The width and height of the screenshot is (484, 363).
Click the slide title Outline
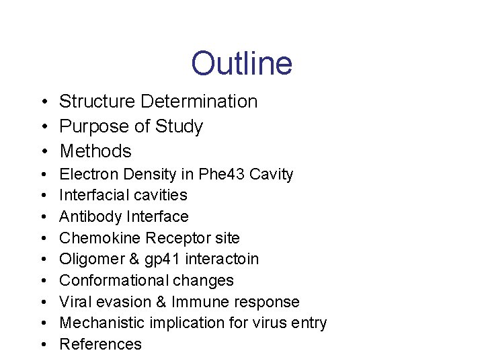(x=241, y=63)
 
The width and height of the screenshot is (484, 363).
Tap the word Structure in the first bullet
(x=97, y=102)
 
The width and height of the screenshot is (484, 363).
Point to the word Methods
(x=95, y=151)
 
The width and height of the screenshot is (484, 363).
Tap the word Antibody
(x=89, y=217)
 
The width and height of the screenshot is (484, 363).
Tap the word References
(x=101, y=344)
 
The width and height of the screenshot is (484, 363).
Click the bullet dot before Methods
(x=42, y=152)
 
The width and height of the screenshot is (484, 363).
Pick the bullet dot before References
(x=42, y=345)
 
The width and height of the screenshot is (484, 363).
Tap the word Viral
(x=75, y=302)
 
